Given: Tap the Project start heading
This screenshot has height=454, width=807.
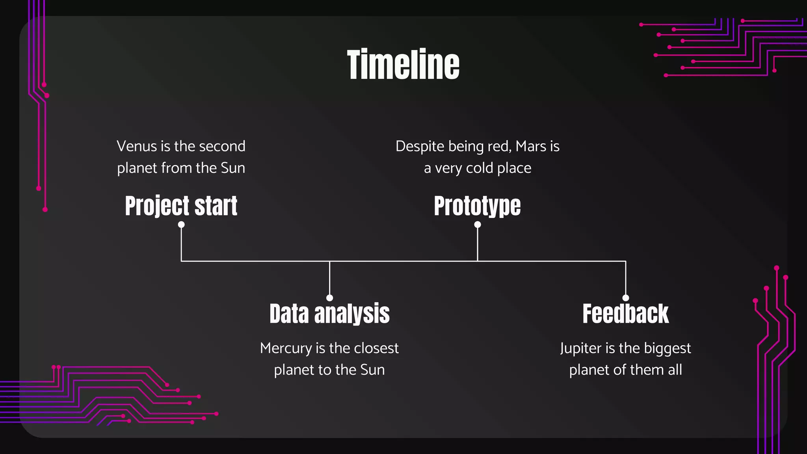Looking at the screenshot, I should (x=181, y=206).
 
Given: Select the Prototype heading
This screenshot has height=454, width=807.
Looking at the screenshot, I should (x=477, y=206).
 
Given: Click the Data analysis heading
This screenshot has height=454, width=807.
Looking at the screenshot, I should (x=329, y=314).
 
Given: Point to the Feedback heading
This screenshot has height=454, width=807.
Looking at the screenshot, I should (x=625, y=314).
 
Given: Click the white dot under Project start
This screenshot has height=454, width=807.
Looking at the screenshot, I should (x=181, y=225).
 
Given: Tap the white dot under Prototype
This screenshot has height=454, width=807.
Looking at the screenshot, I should (x=478, y=225).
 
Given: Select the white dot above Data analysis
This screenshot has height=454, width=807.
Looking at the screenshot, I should (x=330, y=298).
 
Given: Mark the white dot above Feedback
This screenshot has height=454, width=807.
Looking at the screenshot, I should (x=626, y=298).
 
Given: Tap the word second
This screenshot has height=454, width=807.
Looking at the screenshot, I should (x=222, y=146).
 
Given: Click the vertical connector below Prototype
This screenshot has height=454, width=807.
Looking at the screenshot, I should (x=478, y=244).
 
